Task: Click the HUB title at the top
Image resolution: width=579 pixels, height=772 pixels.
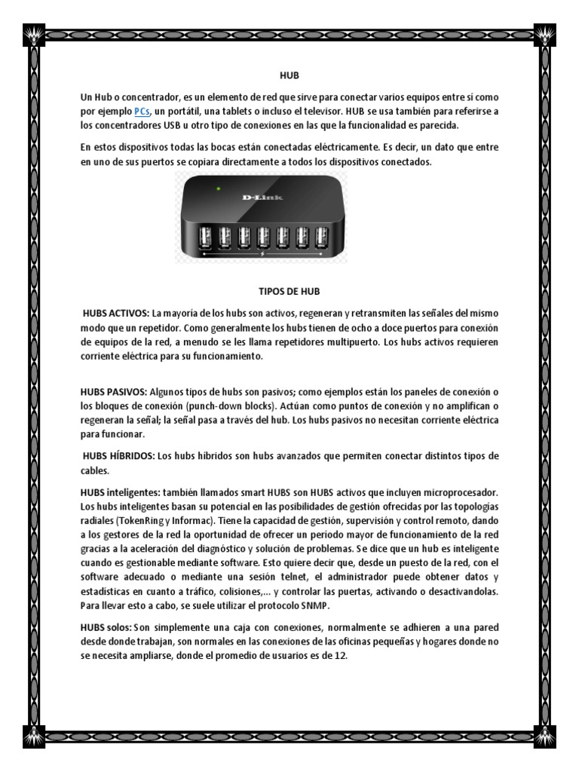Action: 289,76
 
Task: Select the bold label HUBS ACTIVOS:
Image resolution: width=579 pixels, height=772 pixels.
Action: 116,313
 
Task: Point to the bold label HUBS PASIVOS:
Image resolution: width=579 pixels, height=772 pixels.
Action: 115,393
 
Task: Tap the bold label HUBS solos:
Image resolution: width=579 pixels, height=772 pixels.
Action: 106,627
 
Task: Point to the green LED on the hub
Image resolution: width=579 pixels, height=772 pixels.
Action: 217,188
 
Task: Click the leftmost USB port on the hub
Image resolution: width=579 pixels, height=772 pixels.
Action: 205,239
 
